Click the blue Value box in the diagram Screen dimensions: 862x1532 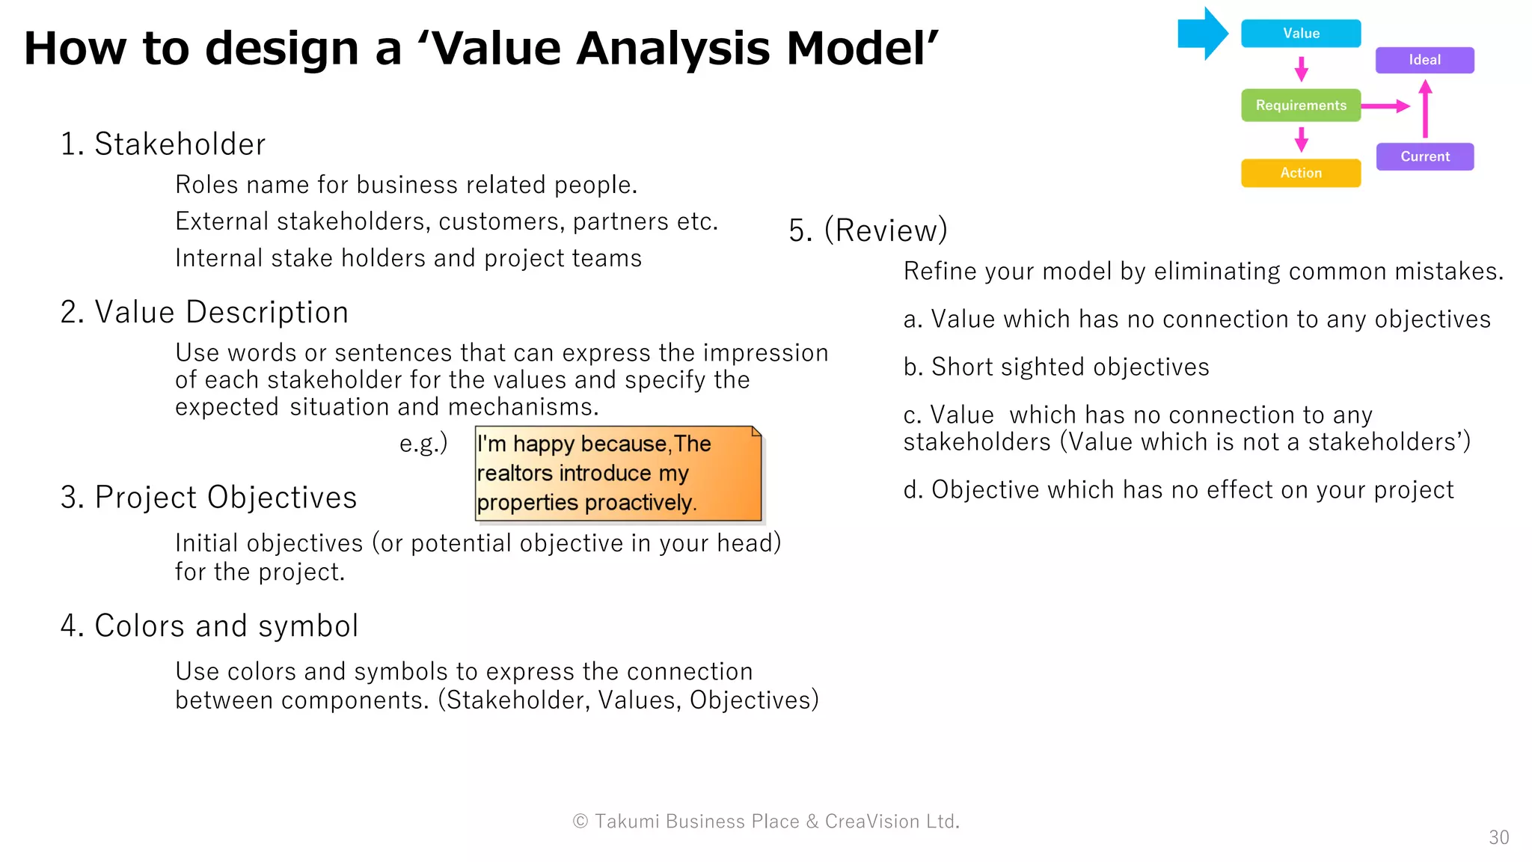tap(1300, 34)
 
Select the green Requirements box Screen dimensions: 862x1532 tap(1300, 106)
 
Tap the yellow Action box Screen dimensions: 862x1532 tap(1300, 173)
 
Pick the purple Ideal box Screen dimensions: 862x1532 tap(1424, 60)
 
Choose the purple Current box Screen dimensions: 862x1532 tap(1424, 156)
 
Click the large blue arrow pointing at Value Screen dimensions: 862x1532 tap(1202, 34)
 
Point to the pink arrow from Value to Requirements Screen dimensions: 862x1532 tap(1301, 69)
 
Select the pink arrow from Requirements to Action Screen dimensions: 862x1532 tap(1301, 139)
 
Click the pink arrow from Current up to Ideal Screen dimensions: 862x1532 tap(1425, 109)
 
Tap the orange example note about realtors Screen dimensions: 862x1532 tap(618, 473)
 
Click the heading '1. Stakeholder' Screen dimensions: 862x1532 tap(163, 144)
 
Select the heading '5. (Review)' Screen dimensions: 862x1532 tap(868, 230)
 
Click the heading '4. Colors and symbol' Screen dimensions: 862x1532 tap(209, 626)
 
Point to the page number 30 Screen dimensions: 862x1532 tap(1498, 837)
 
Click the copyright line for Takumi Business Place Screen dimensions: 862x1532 tap(766, 821)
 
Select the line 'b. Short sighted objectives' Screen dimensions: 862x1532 tap(1055, 367)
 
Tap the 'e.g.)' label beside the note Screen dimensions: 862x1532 tap(423, 443)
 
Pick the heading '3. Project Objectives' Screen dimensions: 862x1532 tap(209, 497)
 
